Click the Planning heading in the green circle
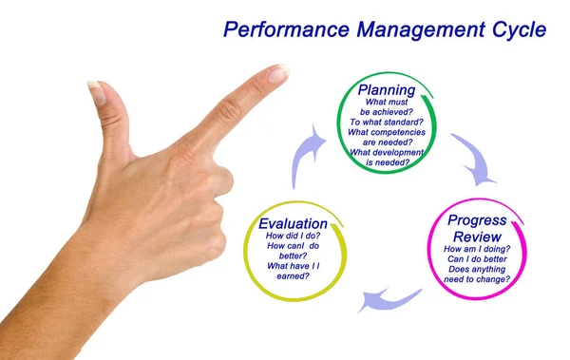coord(386,90)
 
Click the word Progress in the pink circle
coord(478,220)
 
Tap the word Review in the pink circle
coord(477,237)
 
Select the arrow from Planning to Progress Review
coord(473,158)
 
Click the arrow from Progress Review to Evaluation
coord(391,299)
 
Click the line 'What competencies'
coord(386,133)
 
